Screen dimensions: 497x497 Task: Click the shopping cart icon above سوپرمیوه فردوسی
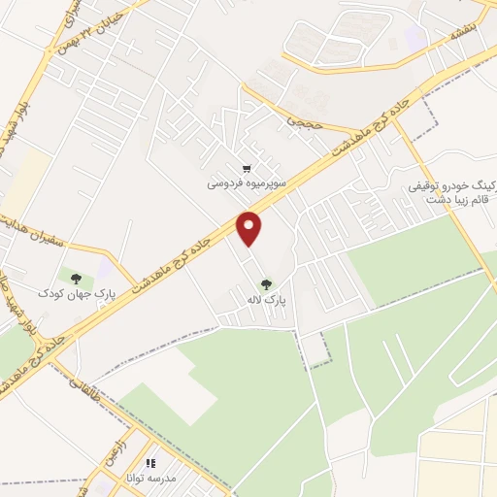[x=248, y=167]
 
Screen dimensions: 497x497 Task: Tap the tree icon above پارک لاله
[x=266, y=284]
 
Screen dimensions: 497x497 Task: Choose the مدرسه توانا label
[x=151, y=478]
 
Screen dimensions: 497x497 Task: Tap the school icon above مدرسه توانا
[x=150, y=463]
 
